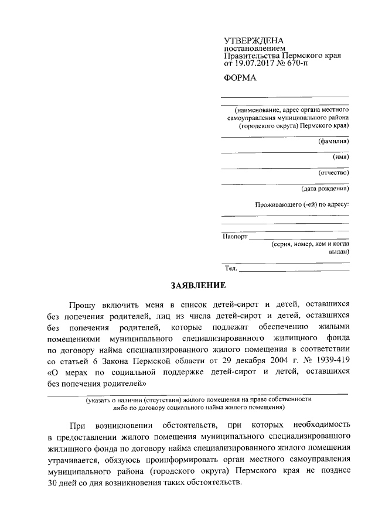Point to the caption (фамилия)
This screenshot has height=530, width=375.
pos(333,141)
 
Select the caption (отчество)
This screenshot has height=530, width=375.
pos(333,173)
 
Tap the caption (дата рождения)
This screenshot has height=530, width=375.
pos(325,189)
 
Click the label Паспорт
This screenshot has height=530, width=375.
pos(235,237)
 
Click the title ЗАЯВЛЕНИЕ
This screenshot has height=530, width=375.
pos(198,286)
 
